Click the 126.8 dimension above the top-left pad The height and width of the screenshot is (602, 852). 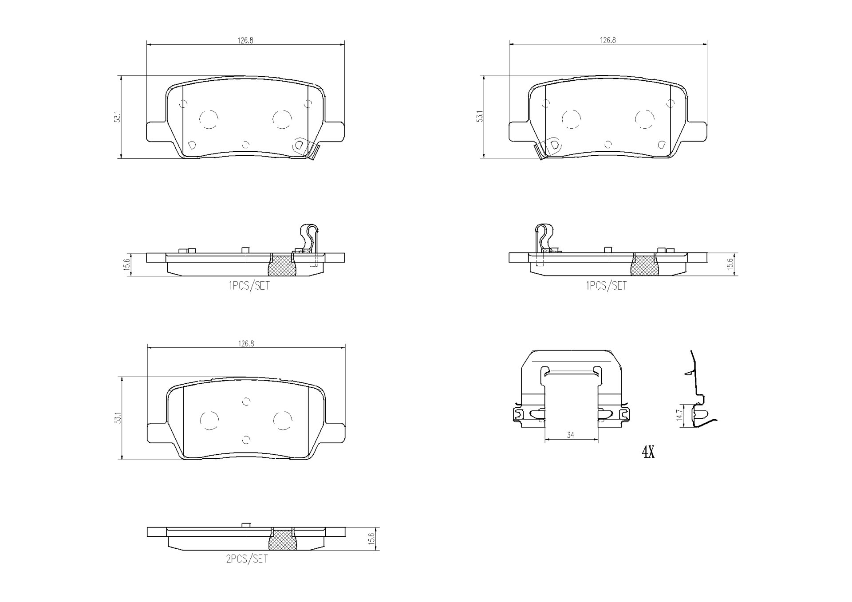coord(245,40)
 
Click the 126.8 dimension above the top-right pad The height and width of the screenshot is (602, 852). coord(608,40)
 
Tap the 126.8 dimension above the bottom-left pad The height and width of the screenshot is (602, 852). coord(246,343)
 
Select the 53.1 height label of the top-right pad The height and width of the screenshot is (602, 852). coord(480,117)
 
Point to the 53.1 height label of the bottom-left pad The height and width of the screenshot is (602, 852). coord(118,418)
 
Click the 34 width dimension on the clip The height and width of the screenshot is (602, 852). coord(571,435)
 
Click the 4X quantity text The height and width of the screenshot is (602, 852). coord(648,452)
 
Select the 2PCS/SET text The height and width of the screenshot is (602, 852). coord(247,559)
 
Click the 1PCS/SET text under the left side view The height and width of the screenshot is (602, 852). coord(249,286)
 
